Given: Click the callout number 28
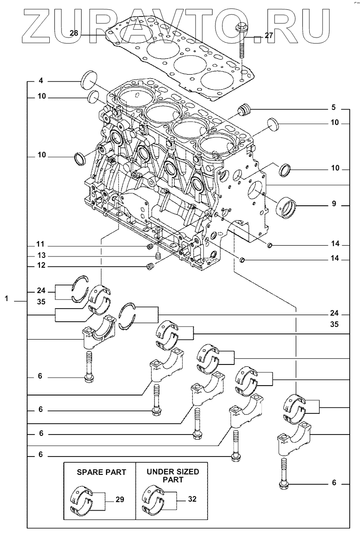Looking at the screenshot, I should coord(74,33).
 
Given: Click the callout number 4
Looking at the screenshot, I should coord(41,81).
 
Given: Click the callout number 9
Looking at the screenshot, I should coord(334,204).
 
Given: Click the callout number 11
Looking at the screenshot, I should coord(41,245).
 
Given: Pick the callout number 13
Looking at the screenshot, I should coord(41,256).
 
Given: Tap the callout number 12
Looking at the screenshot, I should coord(41,266).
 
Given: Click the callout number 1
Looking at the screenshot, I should coord(7,298).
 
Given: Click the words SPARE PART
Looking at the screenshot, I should coord(101,472).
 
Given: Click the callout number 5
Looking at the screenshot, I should coord(334,108).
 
